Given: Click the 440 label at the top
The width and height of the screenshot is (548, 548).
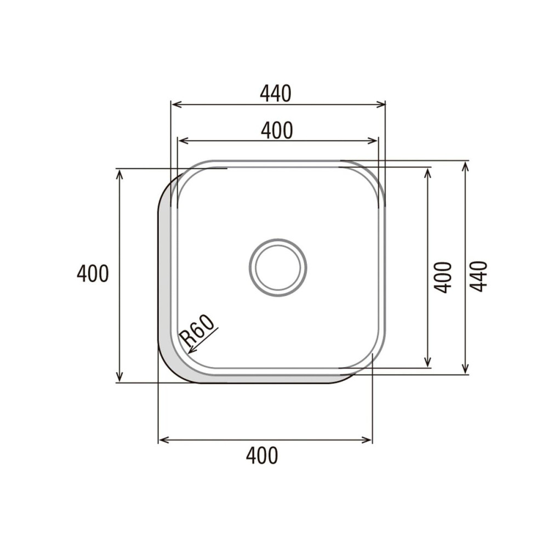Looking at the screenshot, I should click(275, 94).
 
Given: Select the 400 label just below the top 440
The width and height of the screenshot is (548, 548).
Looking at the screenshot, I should click(277, 130).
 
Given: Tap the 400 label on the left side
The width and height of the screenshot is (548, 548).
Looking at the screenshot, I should click(93, 273).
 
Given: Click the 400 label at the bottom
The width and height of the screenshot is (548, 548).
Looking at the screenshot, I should click(262, 455).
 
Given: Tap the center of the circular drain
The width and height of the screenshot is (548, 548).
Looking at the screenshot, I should click(278, 267).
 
